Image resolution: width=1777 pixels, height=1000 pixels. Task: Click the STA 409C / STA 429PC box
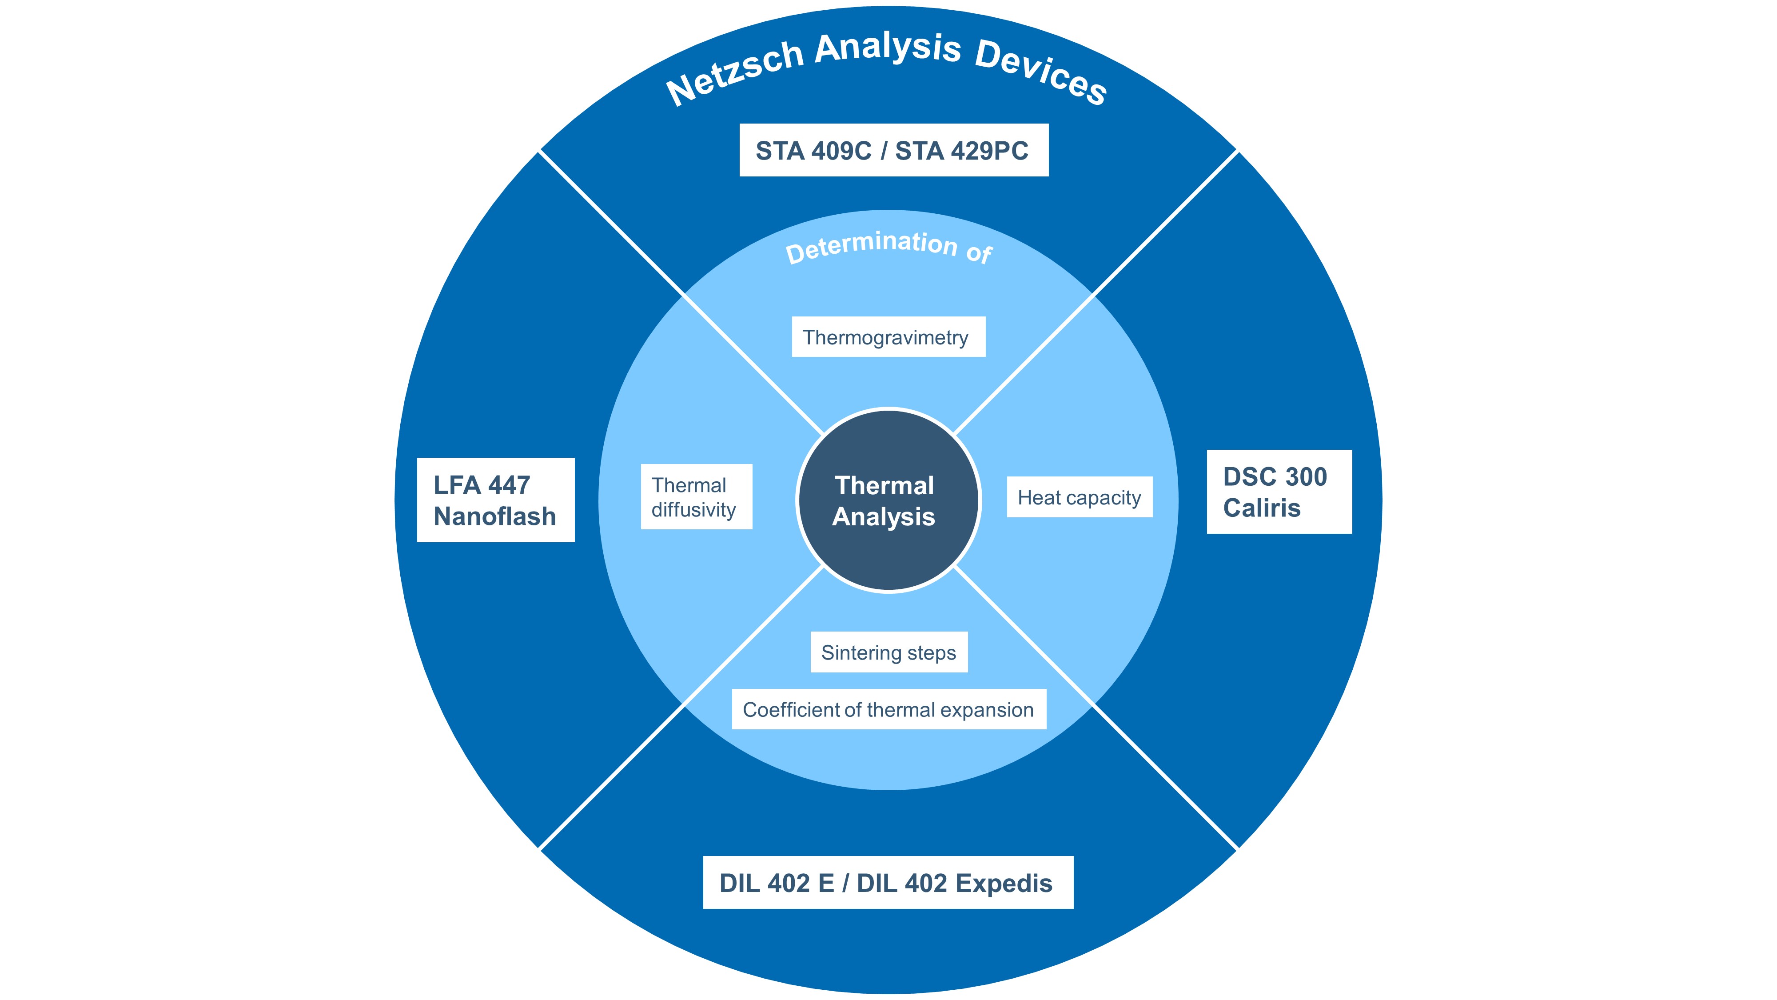(893, 151)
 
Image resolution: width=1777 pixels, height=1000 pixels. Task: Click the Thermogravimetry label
(888, 337)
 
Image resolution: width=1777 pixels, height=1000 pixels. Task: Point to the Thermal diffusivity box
(695, 497)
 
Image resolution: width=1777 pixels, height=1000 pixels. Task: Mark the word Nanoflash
(494, 516)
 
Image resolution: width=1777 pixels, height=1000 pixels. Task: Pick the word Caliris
(1261, 508)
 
